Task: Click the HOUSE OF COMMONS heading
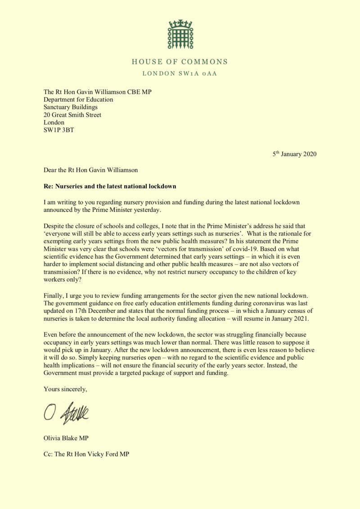(x=180, y=62)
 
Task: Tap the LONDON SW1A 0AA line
(x=180, y=73)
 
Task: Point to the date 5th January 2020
(x=294, y=154)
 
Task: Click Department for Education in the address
(x=78, y=99)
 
